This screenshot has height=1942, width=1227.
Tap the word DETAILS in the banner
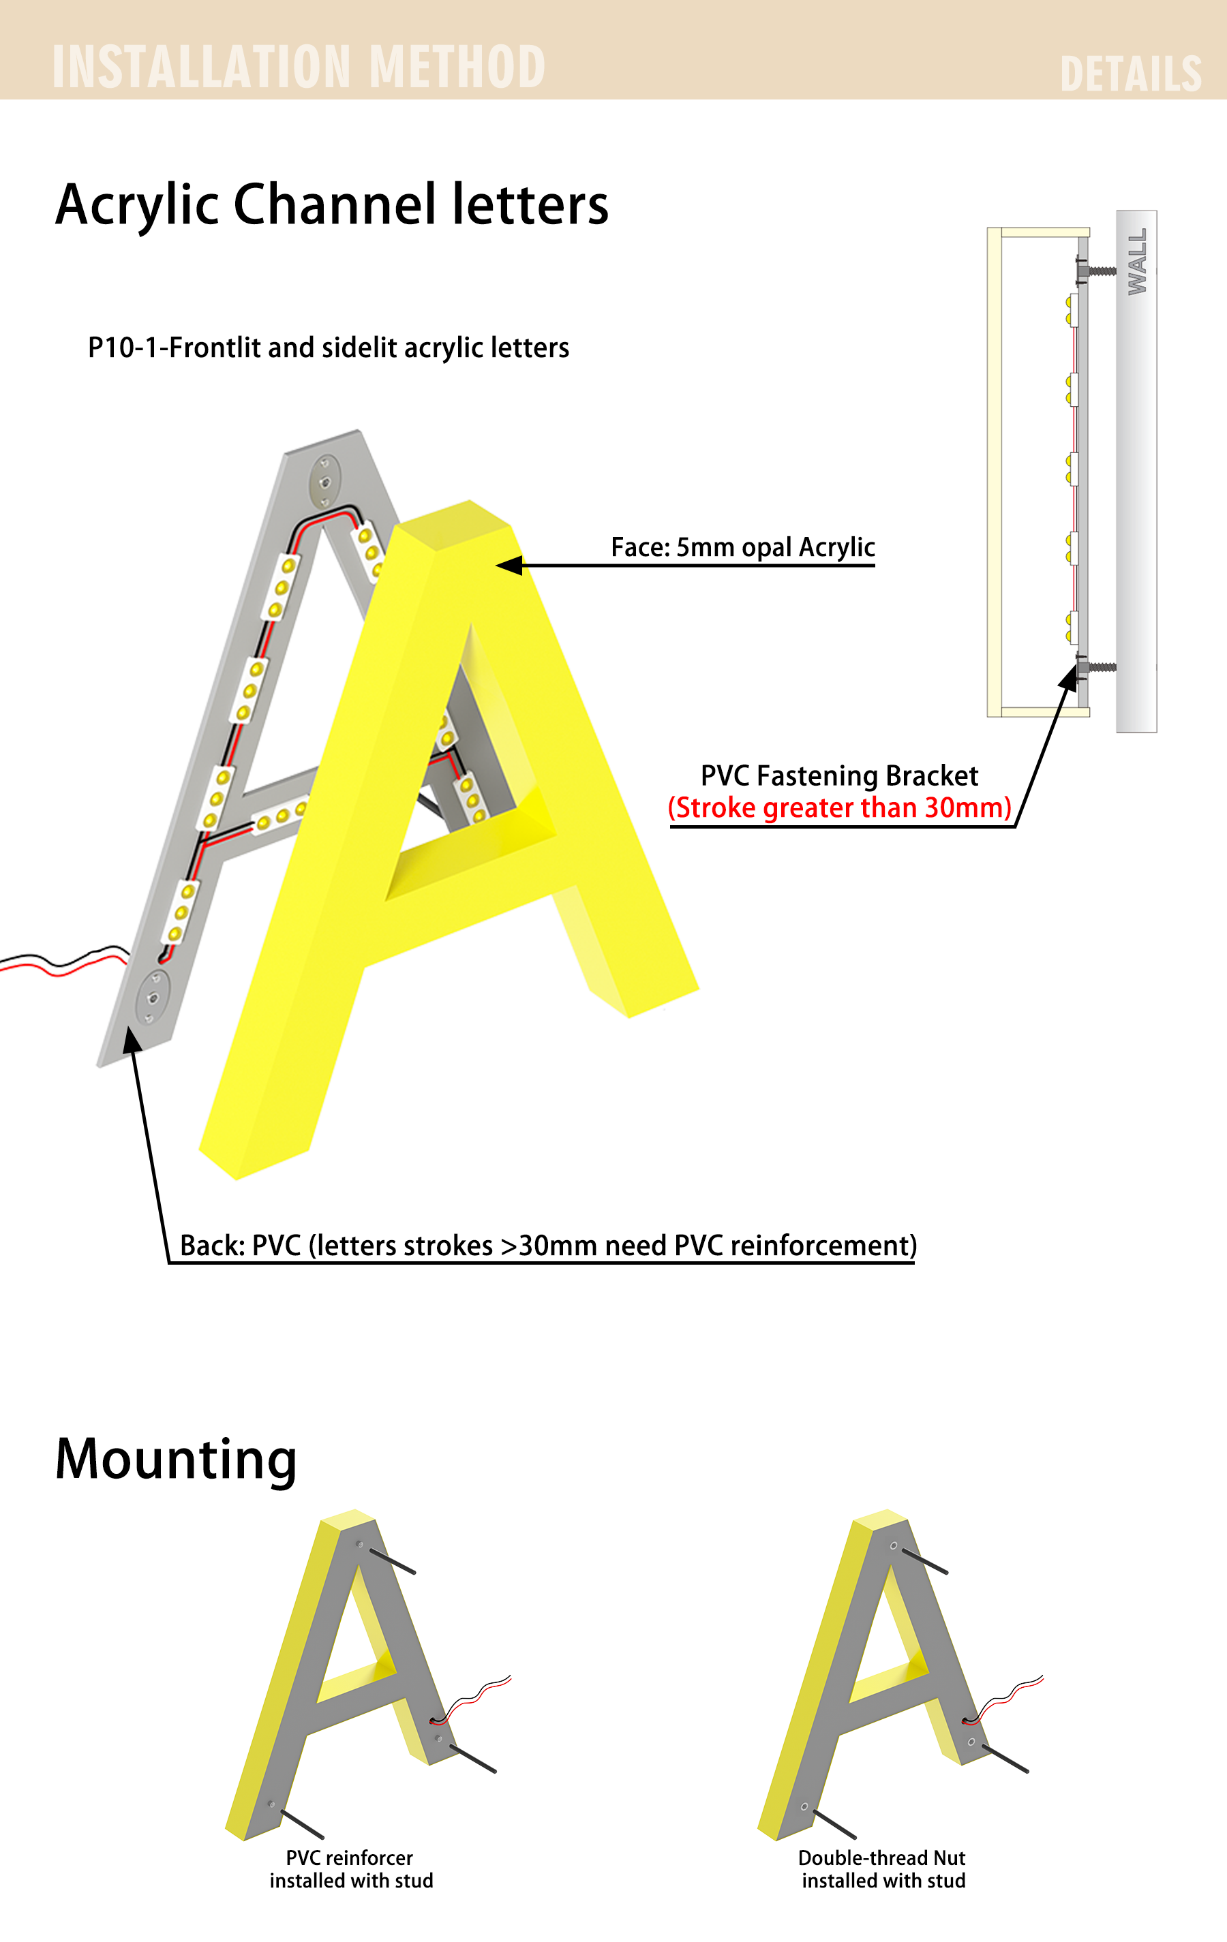[1131, 74]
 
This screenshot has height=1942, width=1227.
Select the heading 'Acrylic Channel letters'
[331, 206]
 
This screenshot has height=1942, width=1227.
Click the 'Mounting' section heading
[176, 1460]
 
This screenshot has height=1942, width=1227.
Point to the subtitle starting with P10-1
[329, 348]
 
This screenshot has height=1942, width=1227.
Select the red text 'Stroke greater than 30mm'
[840, 807]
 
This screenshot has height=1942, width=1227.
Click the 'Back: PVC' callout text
[548, 1245]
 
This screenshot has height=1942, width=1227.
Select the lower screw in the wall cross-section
[1095, 667]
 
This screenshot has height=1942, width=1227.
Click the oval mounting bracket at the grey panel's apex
[325, 482]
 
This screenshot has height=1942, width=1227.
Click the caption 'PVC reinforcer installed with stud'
[351, 1868]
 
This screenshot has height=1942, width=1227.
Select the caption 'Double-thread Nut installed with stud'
[883, 1868]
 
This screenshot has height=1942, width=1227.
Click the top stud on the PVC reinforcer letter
[392, 1560]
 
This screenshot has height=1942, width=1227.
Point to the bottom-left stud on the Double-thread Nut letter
[835, 1824]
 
